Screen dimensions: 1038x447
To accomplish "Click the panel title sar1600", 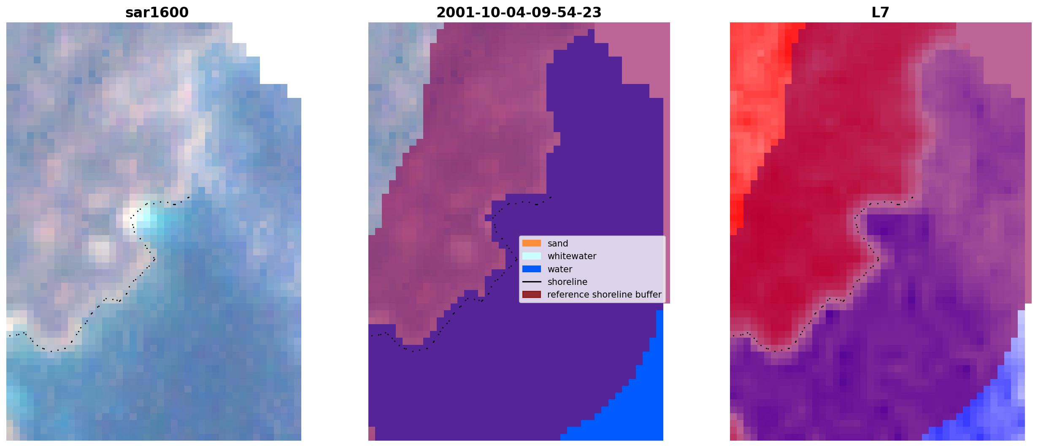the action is point(157,13).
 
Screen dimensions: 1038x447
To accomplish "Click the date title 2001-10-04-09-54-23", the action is point(519,13).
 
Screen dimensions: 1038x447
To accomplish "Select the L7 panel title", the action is point(880,13).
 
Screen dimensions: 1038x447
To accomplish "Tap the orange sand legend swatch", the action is point(532,243).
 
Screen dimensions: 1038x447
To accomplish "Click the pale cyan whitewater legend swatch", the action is point(532,256).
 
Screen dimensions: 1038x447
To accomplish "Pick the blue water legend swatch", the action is point(532,269).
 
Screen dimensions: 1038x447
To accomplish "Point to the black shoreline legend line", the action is point(532,282).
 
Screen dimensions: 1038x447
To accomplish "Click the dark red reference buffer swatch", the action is point(532,295).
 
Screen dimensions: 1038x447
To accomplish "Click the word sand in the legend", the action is point(558,244).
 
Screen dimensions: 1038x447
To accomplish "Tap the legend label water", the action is point(560,269).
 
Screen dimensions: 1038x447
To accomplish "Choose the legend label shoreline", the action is point(567,282).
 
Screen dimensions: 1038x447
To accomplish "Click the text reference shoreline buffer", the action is point(604,295).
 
